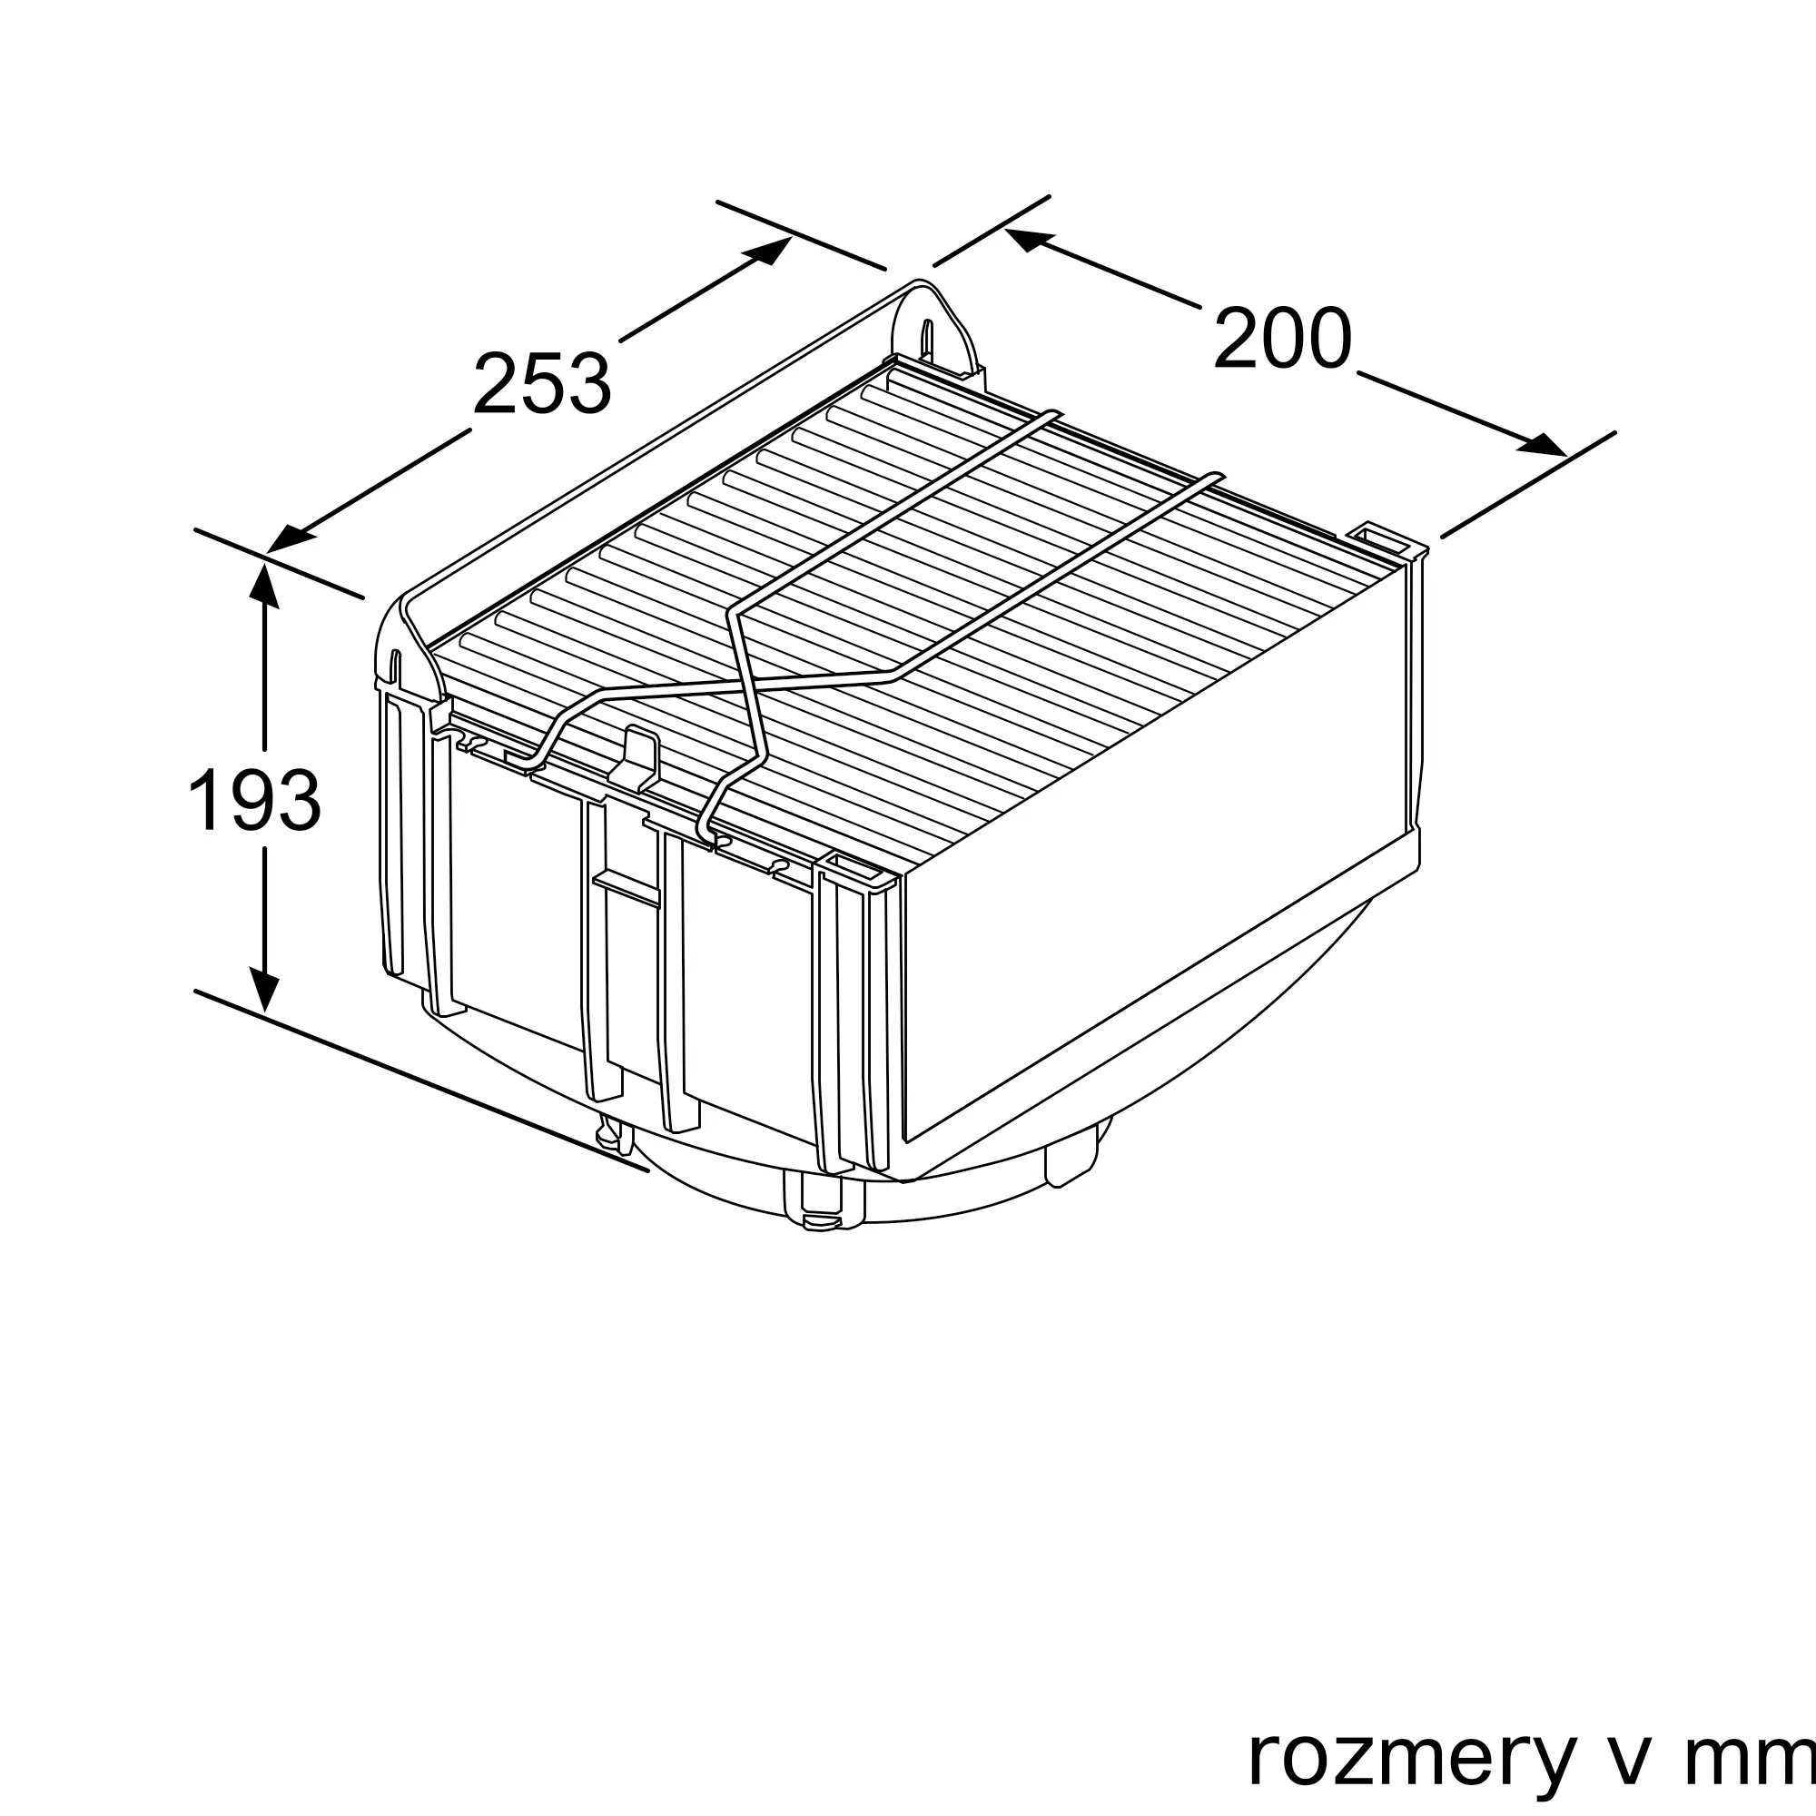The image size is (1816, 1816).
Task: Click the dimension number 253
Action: [542, 382]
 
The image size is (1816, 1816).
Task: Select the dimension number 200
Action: [1282, 338]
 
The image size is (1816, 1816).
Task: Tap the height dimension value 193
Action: [255, 800]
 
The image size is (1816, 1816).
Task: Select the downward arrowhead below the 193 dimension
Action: [264, 992]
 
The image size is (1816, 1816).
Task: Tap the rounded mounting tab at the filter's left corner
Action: [400, 648]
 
